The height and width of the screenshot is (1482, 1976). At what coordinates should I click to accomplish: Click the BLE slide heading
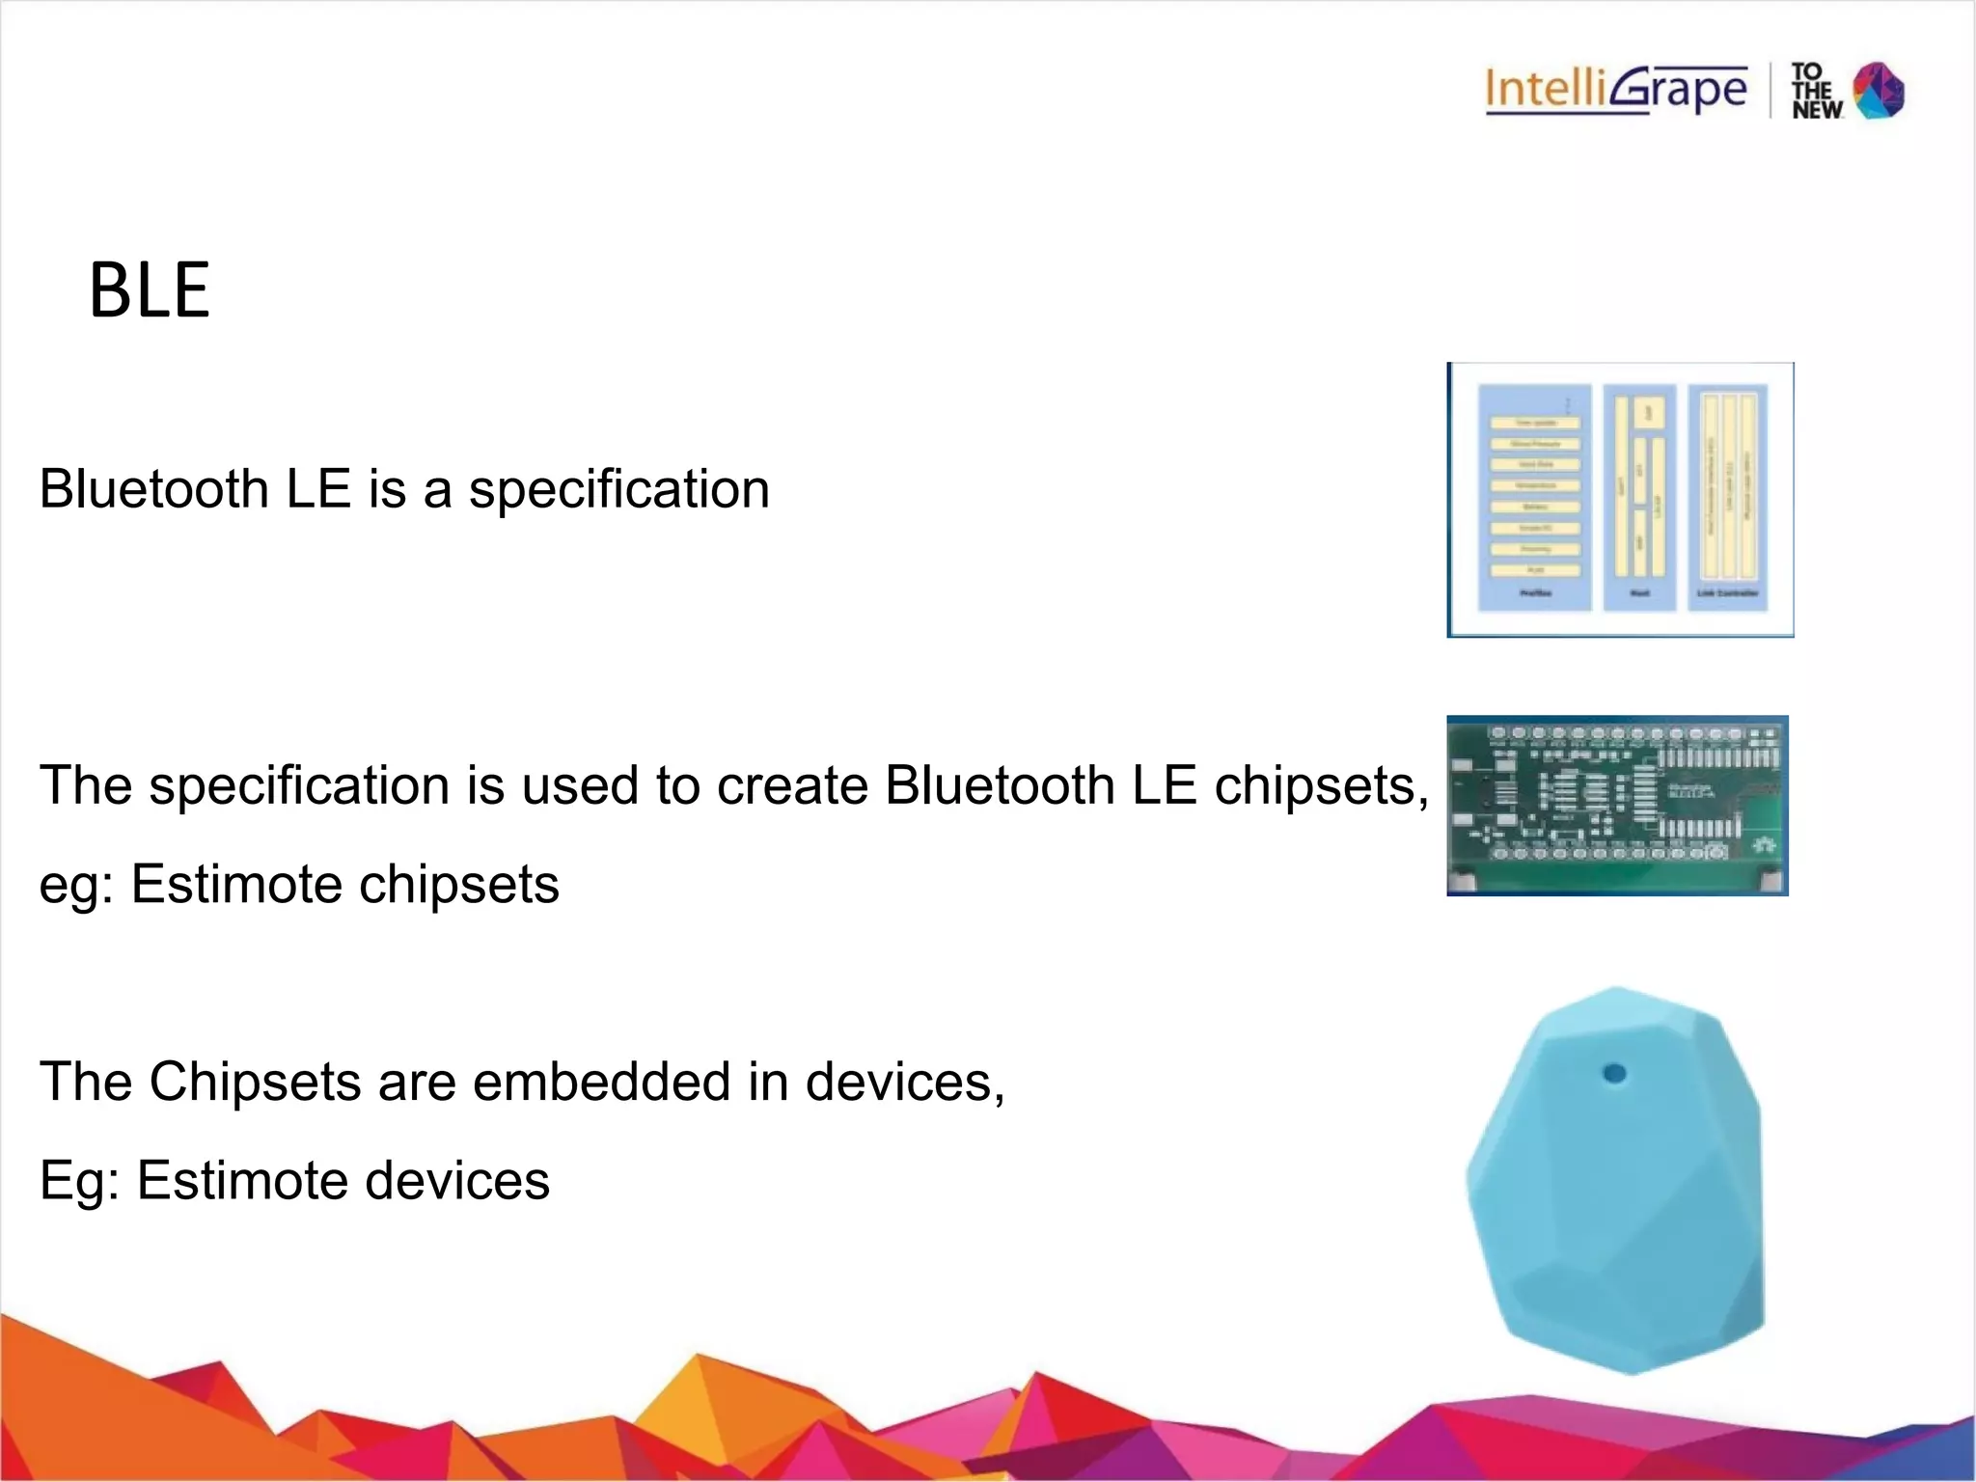[x=150, y=290]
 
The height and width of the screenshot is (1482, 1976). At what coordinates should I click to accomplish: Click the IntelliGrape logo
[x=1616, y=90]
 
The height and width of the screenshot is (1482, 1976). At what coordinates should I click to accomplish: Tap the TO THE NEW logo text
[x=1816, y=92]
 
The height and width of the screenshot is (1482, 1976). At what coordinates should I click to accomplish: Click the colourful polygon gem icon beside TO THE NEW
[x=1880, y=91]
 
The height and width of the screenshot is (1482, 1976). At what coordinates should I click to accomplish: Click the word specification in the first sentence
[x=618, y=489]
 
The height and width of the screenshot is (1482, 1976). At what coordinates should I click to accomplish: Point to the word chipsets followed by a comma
[x=1319, y=785]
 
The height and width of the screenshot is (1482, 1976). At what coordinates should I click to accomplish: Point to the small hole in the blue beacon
[x=1613, y=1073]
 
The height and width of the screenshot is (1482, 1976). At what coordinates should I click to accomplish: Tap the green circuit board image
[x=1617, y=806]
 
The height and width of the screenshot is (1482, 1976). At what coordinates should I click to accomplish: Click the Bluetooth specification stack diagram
[x=1621, y=499]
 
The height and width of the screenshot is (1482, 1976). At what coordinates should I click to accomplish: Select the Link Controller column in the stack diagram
[x=1727, y=497]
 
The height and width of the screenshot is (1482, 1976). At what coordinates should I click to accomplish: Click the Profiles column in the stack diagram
[x=1534, y=497]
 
